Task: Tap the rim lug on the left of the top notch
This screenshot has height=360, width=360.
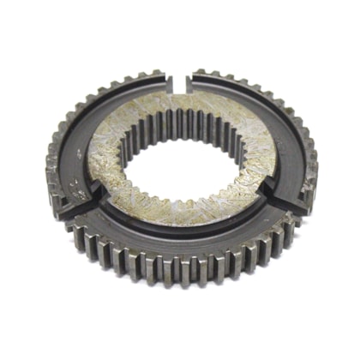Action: pos(168,83)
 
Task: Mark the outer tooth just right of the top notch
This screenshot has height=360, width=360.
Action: pos(199,73)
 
